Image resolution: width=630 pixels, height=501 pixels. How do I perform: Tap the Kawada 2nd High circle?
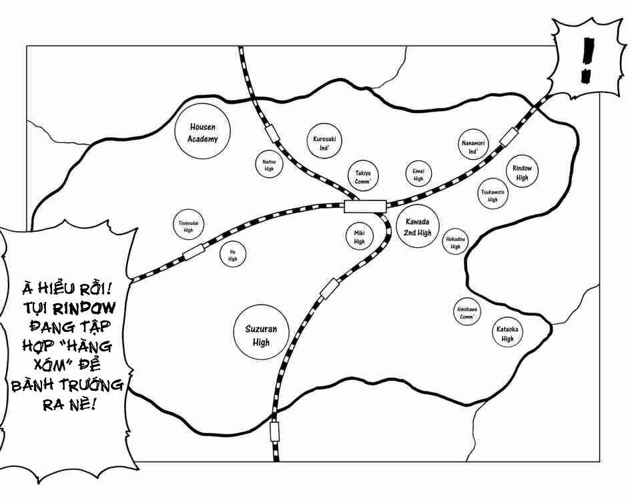[417, 227]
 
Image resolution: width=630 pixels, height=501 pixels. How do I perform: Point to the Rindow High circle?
[522, 173]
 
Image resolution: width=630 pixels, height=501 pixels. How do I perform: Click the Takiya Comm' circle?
[362, 177]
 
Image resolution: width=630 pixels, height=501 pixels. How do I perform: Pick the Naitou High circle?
[269, 164]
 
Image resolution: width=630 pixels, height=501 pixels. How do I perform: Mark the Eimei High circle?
[418, 175]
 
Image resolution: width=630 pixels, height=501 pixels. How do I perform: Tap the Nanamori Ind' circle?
[474, 146]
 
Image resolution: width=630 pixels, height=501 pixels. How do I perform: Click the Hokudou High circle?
[456, 242]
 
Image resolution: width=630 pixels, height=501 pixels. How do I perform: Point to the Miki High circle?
[359, 235]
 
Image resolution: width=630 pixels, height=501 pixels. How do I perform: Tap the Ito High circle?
[232, 255]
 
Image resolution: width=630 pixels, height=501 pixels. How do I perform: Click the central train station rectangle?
[365, 206]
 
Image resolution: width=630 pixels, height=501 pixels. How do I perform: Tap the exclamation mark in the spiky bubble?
[587, 61]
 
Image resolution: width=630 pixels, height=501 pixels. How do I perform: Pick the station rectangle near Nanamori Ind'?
[509, 136]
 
